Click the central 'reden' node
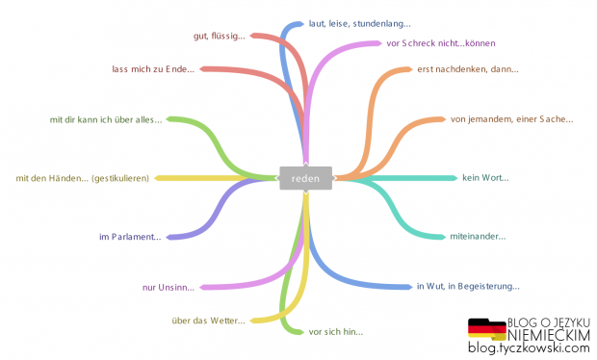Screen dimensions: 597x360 coord(305,178)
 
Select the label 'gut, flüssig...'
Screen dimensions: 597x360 coord(219,36)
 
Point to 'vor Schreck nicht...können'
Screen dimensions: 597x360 coord(439,43)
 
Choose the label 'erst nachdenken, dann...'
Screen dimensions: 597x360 coord(467,68)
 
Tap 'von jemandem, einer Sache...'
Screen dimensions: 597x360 coord(511,119)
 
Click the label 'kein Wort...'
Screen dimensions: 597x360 coord(485,177)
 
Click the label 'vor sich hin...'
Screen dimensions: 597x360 coord(335,331)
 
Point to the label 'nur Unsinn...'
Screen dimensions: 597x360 coord(168,287)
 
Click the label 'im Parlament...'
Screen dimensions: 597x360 coord(130,237)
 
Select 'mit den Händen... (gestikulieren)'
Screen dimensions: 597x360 coord(83,178)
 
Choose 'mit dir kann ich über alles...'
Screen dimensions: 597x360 coord(107,119)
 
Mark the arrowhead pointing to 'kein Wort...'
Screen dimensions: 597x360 coord(454,178)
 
